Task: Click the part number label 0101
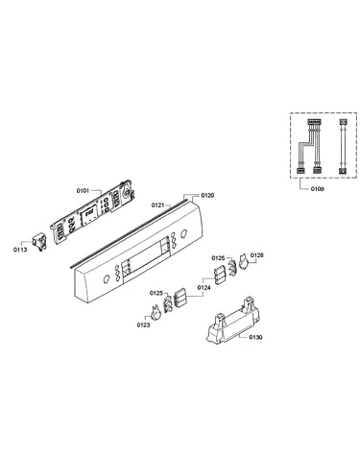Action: click(83, 191)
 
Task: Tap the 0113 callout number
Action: click(20, 250)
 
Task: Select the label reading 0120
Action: click(207, 195)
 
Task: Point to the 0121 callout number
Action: click(157, 204)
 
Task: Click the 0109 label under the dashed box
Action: click(317, 189)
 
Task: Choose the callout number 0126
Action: click(257, 255)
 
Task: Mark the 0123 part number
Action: click(144, 325)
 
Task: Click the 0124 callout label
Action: click(204, 288)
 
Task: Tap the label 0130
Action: click(255, 337)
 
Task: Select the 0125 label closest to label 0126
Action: click(218, 257)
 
